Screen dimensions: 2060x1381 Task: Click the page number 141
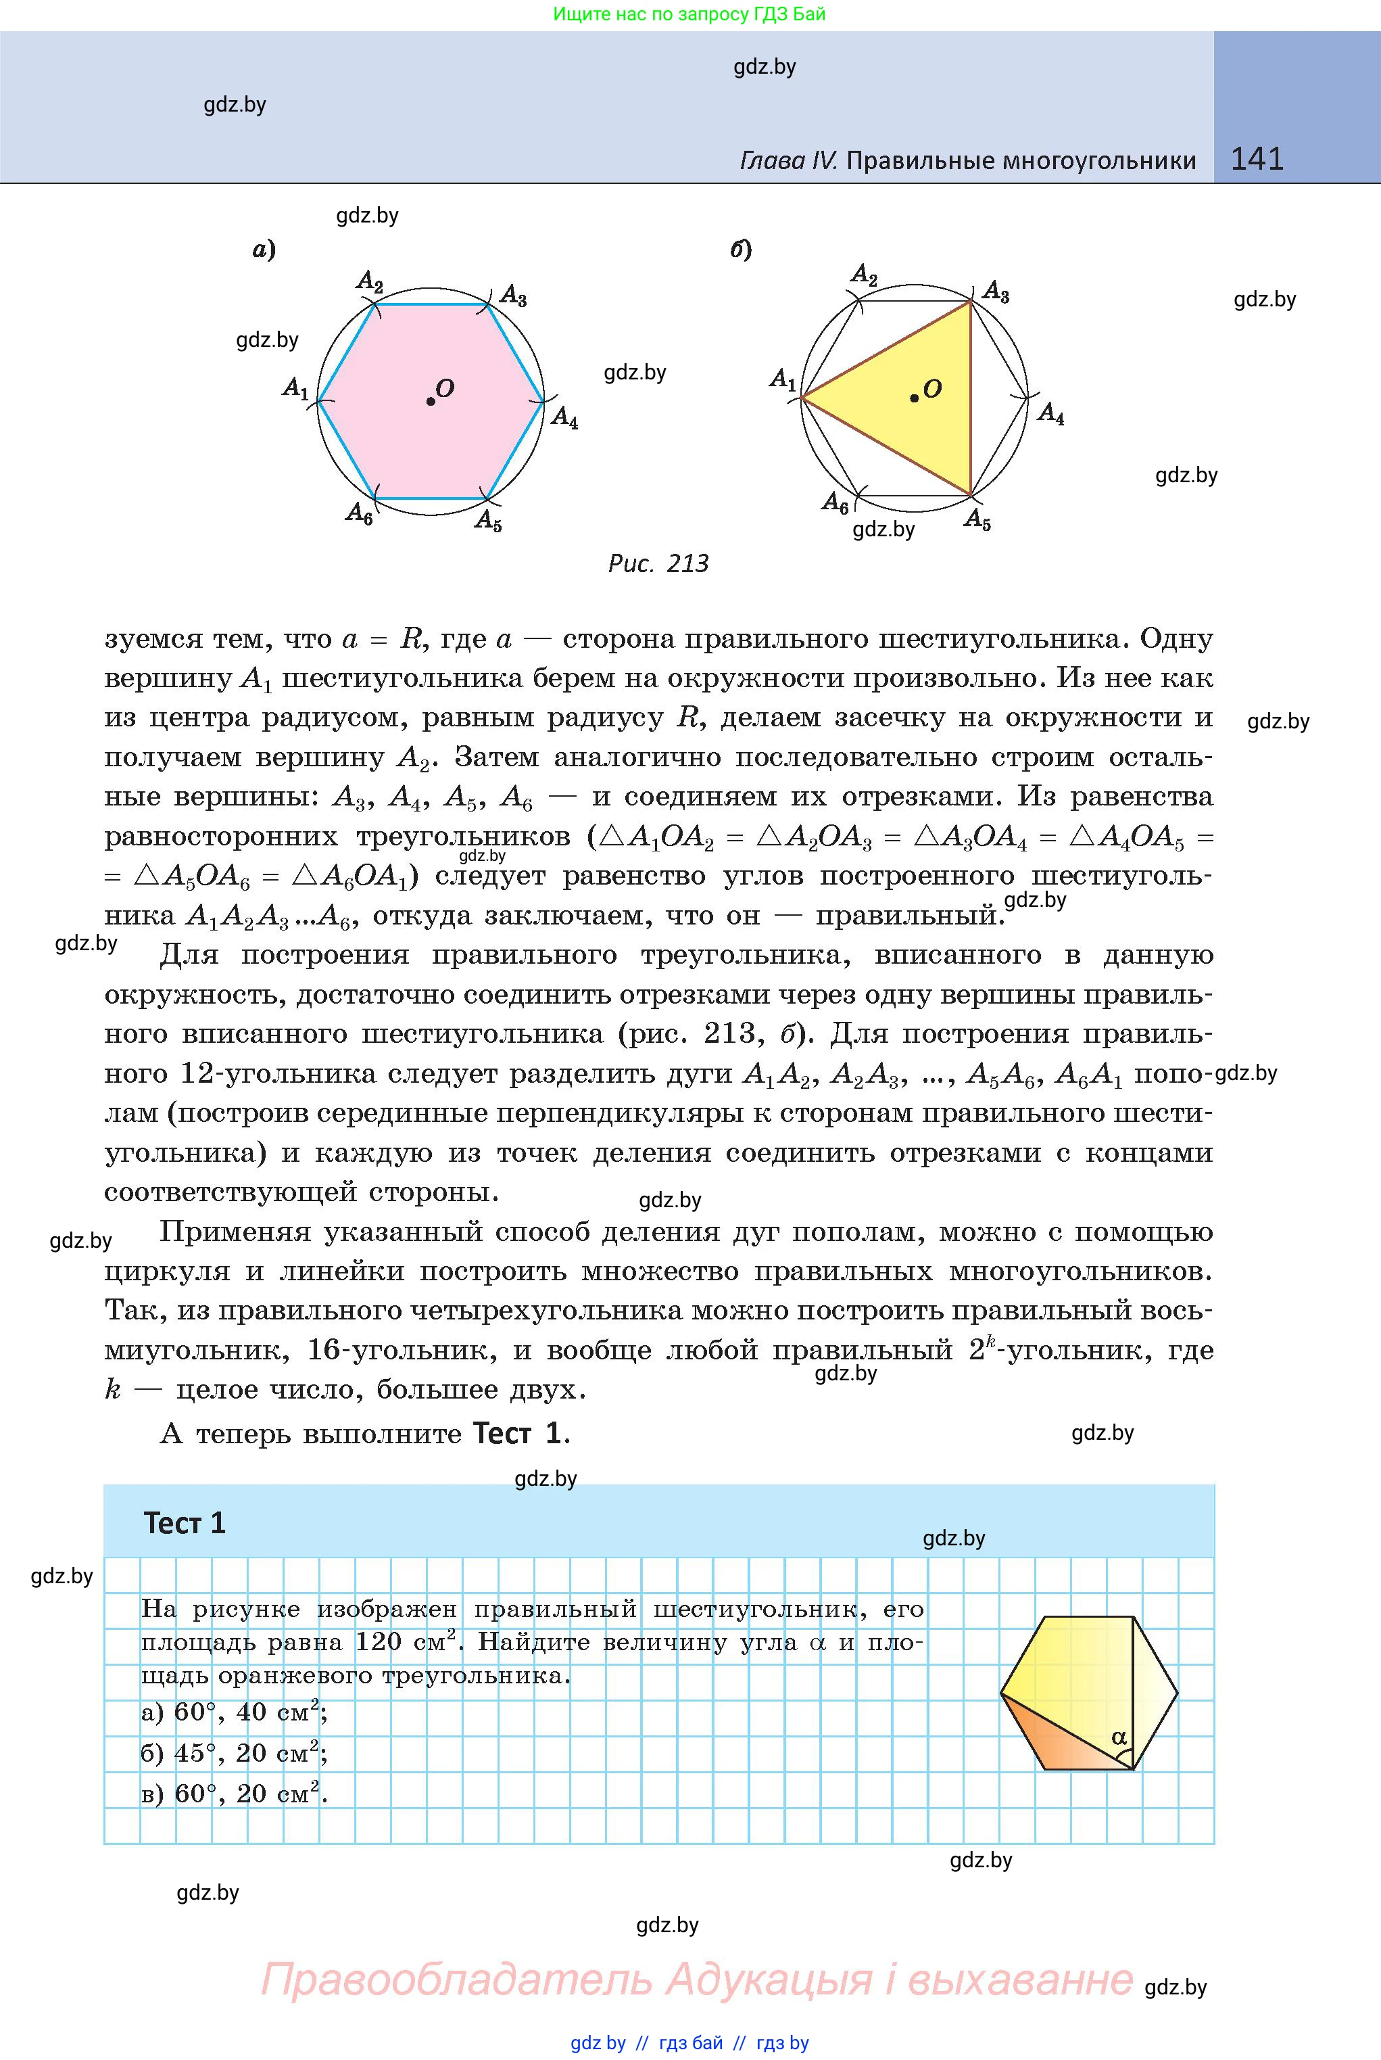[1257, 159]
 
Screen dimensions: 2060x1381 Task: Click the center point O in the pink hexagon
[431, 401]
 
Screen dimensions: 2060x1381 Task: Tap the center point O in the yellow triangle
[914, 398]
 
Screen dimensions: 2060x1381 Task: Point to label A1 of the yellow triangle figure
[783, 380]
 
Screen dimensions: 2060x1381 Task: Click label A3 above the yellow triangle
[995, 291]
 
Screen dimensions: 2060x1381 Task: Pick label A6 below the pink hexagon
[358, 513]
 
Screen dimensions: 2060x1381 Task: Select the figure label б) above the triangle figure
[741, 250]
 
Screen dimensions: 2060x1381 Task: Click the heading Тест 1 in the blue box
[185, 1524]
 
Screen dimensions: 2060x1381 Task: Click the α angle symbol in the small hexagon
[1119, 1737]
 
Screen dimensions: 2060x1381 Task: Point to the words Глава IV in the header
[788, 160]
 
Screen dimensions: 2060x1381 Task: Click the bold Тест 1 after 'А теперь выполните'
[517, 1434]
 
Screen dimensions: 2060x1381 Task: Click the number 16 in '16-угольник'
[324, 1351]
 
